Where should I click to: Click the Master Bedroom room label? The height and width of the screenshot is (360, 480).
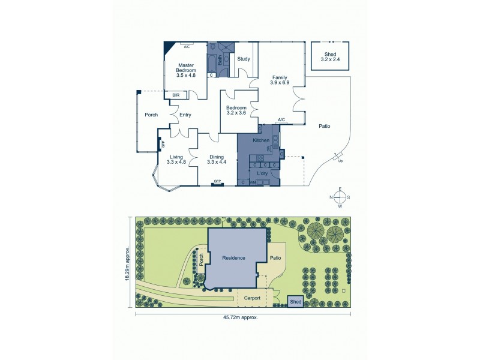point(186,70)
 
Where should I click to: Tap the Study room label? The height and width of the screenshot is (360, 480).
point(243,59)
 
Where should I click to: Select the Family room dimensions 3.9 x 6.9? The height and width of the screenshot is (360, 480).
point(280,83)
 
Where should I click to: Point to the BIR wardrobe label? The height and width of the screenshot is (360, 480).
point(176,95)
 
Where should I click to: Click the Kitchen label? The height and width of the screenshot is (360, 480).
point(260,140)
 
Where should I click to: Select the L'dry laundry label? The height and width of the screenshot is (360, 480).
point(262,173)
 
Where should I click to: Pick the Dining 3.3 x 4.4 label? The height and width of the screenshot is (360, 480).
point(217,160)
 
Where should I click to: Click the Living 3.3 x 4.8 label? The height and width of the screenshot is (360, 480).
point(176,160)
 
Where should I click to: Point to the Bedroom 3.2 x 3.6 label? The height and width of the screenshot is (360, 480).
point(236,110)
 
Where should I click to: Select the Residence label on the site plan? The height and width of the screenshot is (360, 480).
point(234,258)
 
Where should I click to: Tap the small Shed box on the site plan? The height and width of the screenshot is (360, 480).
point(295,302)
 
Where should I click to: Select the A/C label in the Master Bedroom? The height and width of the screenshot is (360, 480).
point(187,47)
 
